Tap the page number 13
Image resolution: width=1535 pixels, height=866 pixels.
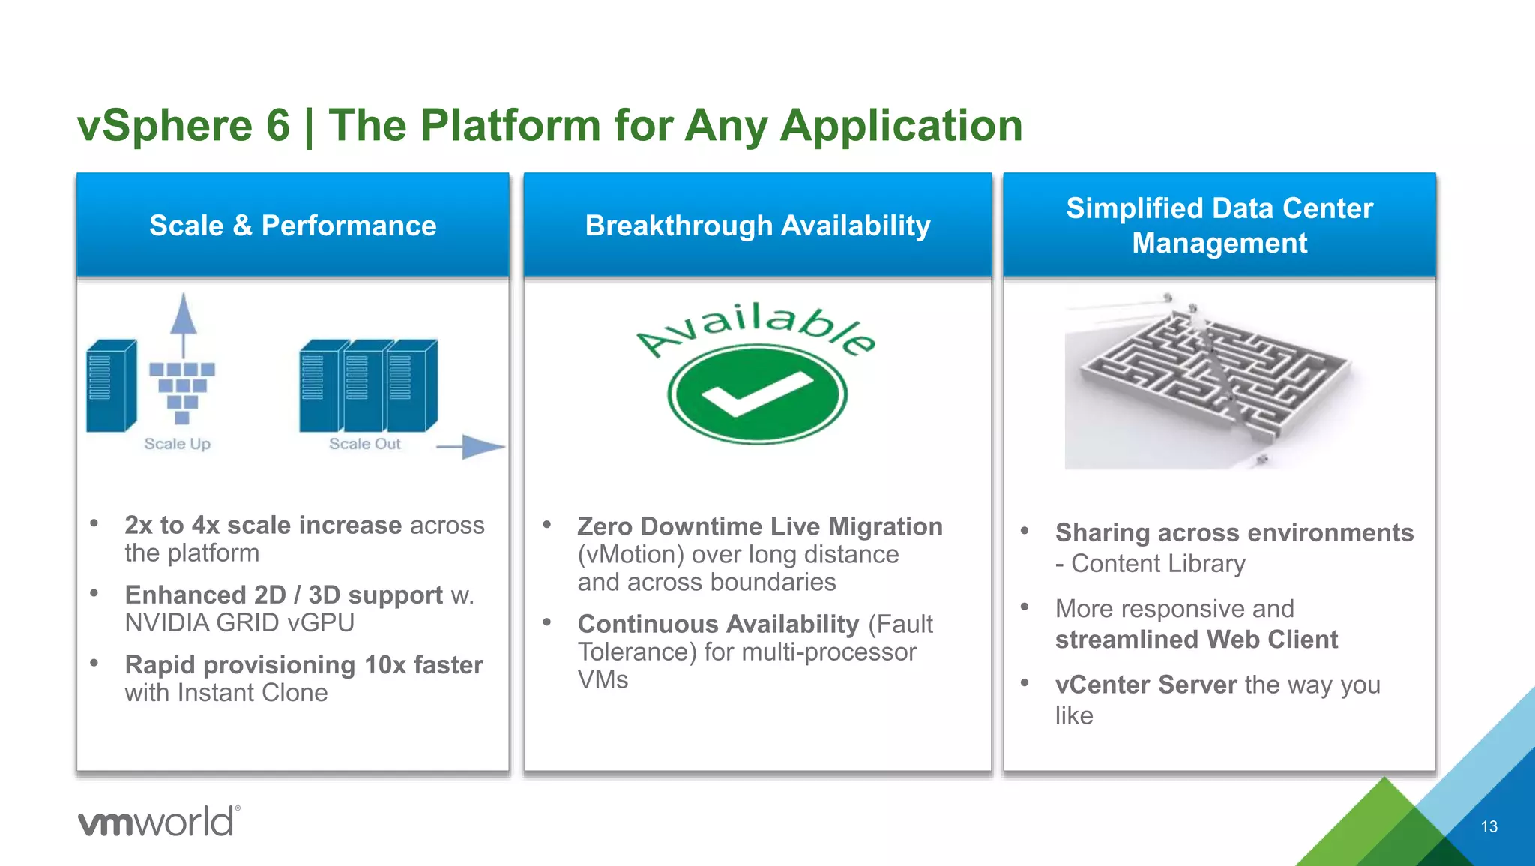coord(1489,826)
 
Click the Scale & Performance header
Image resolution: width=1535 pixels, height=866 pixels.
coord(292,226)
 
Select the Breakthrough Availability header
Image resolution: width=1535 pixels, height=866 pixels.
coord(757,226)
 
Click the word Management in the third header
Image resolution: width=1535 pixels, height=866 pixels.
coord(1219,244)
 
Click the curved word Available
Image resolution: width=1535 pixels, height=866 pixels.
coord(756,327)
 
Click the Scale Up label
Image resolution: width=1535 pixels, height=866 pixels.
coord(177,444)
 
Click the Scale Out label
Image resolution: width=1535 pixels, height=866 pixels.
coord(365,444)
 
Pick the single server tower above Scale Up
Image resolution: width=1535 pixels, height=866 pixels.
coord(111,386)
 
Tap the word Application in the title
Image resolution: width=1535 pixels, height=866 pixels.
coord(901,125)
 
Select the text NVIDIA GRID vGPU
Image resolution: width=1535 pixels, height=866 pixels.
coord(239,623)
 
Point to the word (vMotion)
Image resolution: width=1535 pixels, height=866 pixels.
coord(630,555)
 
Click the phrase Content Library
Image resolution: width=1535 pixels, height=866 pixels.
coord(1158,564)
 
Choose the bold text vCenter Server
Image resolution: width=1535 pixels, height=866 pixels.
coord(1145,685)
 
